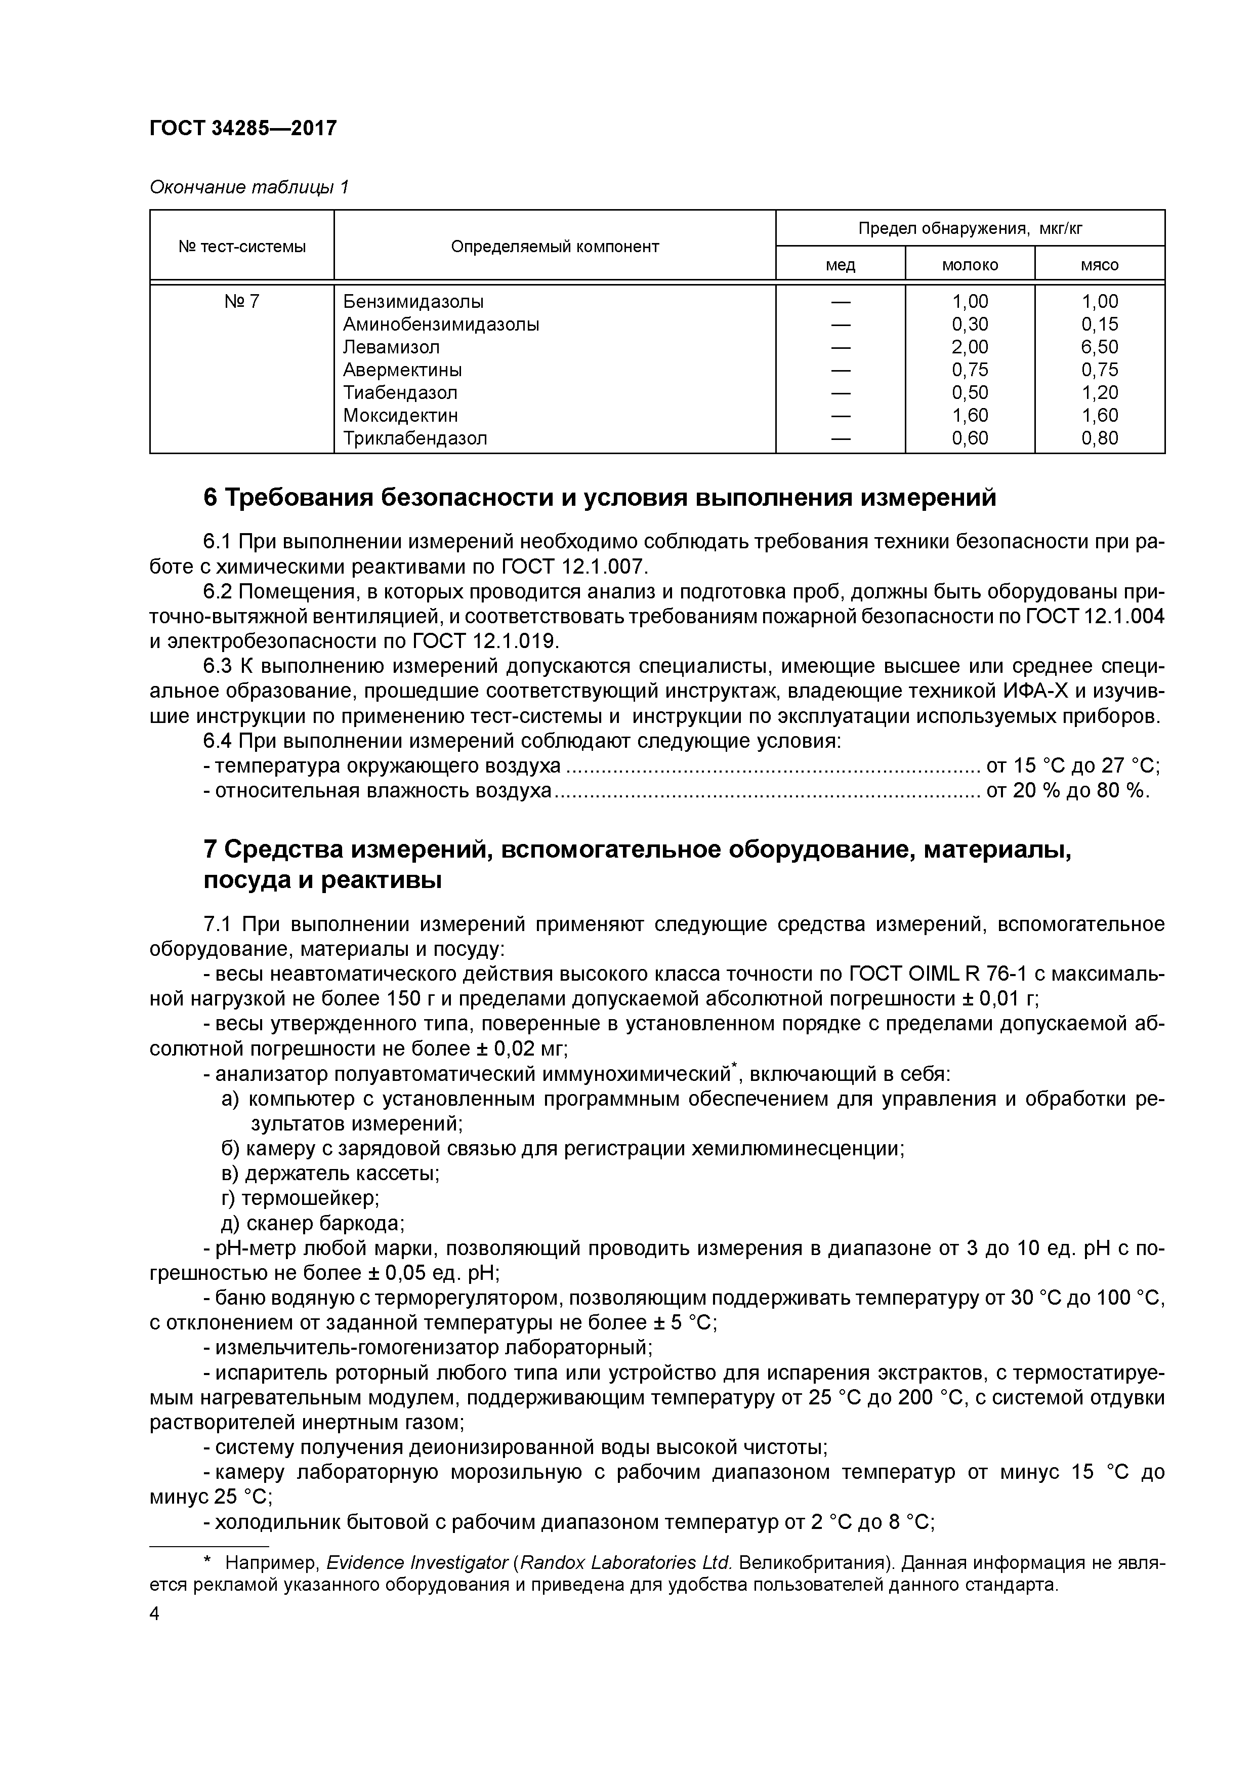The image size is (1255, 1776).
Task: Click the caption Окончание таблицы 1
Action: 249,187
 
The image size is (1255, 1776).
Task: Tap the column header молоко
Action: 970,265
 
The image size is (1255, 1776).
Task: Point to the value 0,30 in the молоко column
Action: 970,324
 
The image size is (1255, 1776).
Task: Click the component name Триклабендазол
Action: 415,438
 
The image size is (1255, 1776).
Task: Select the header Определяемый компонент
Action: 555,247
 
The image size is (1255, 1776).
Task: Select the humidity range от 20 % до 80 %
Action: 1068,790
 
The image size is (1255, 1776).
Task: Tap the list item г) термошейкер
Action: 300,1198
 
